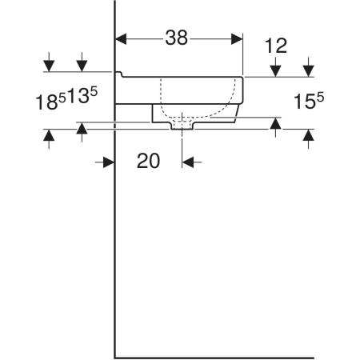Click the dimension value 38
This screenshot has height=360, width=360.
click(x=177, y=38)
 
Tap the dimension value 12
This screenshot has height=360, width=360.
click(x=276, y=46)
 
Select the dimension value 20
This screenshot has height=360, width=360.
click(x=148, y=161)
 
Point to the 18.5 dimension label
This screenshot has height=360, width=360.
click(x=50, y=101)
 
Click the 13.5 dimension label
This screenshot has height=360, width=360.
click(x=82, y=95)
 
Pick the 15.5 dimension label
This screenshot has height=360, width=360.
click(x=309, y=101)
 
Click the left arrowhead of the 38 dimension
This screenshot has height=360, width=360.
click(x=121, y=39)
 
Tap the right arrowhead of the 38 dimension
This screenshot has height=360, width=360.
click(x=237, y=39)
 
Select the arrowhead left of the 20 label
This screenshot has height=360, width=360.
click(x=109, y=162)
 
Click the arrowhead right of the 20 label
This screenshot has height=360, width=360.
click(x=188, y=162)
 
